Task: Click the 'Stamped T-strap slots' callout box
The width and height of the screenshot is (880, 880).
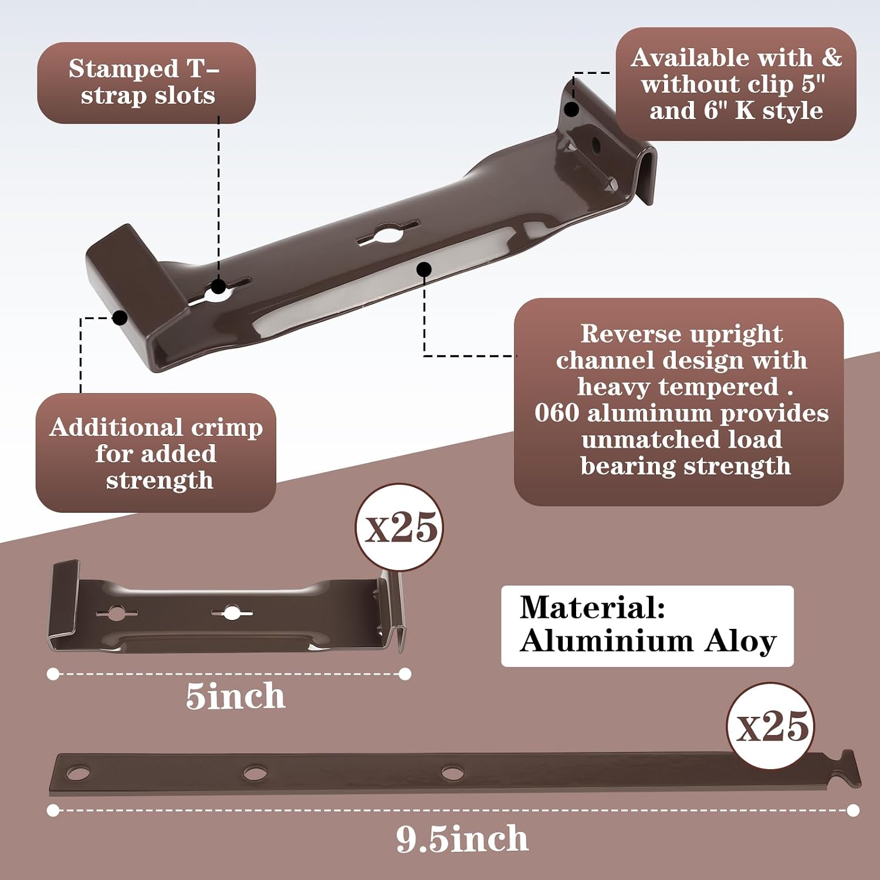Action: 147,83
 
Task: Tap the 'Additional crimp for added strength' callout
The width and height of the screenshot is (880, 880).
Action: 156,452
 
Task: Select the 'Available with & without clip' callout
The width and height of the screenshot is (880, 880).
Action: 736,84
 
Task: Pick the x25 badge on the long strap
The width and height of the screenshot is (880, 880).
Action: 770,726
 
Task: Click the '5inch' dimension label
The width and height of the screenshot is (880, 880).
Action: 235,696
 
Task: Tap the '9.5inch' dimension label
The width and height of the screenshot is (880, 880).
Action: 462,838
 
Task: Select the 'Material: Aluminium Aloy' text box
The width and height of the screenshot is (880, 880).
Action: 647,625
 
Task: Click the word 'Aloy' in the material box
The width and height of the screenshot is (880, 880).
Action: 740,641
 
